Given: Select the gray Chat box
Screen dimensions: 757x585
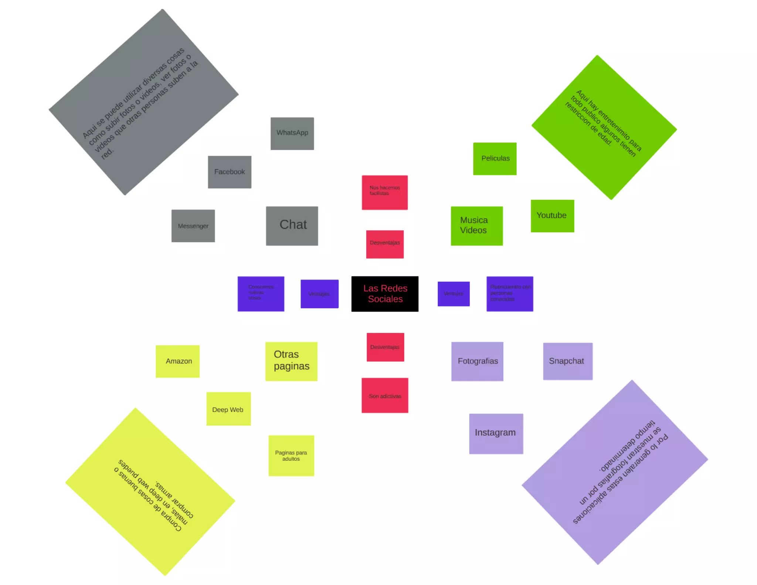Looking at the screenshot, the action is [x=292, y=226].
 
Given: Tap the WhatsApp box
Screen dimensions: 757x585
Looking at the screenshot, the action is [x=292, y=133].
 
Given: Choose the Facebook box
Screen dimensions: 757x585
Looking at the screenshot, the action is [x=230, y=172].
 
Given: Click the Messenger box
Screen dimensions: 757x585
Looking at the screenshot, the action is [x=193, y=226].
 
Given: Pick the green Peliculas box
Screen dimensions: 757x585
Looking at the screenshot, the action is [x=495, y=159].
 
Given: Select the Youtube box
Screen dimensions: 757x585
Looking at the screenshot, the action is [x=552, y=216].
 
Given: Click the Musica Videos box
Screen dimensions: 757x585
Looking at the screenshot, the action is [x=476, y=226].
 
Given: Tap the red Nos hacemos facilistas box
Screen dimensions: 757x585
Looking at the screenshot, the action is [x=384, y=192].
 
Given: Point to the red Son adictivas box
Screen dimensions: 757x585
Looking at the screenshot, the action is [x=384, y=395].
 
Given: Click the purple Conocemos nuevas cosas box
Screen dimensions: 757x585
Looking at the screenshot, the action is [x=261, y=294].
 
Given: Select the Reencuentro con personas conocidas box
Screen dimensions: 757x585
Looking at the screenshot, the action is [x=509, y=294].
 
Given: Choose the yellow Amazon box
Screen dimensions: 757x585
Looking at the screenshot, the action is [x=177, y=361].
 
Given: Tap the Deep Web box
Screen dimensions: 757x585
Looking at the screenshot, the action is [x=228, y=409].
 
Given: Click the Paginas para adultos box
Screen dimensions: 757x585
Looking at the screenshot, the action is [x=291, y=456].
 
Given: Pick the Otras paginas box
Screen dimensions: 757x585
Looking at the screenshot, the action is [x=291, y=361].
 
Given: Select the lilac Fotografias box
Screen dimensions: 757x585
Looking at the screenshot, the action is [x=477, y=361].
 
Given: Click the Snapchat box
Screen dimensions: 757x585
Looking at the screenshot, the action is [x=567, y=361].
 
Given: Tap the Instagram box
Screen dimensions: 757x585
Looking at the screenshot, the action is [x=496, y=433].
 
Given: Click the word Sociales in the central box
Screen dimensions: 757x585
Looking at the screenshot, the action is [x=385, y=299].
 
